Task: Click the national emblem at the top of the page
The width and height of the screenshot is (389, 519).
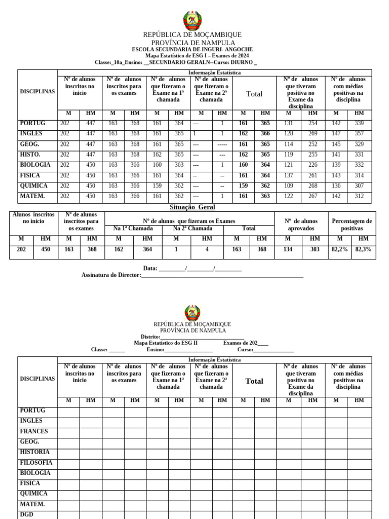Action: [192, 21]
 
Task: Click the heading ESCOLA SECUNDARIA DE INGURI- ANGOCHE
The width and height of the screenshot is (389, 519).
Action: [192, 49]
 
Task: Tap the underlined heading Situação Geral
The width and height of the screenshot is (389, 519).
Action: [192, 207]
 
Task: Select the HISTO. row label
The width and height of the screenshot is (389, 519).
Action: [30, 155]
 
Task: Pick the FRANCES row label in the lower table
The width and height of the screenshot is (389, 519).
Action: [34, 431]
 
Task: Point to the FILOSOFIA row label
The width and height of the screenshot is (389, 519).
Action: [36, 463]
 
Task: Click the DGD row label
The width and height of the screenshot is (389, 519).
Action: [26, 514]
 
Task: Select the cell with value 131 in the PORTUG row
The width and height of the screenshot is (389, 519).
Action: [288, 123]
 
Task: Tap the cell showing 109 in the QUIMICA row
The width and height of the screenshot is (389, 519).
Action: [288, 186]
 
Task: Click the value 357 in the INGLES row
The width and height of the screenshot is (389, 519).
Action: [359, 134]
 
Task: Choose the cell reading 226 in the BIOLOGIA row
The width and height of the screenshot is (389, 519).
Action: [313, 165]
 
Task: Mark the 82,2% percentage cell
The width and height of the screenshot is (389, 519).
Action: [339, 249]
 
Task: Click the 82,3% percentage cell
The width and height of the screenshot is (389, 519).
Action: [363, 249]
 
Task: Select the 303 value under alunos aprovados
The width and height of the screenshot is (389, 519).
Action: [315, 249]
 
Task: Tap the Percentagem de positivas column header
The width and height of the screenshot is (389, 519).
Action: [352, 225]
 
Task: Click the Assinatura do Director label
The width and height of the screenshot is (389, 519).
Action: [111, 275]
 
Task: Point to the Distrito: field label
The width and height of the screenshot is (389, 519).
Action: [150, 337]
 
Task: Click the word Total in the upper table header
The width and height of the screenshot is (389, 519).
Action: [254, 94]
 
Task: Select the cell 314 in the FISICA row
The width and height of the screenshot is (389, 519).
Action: [359, 175]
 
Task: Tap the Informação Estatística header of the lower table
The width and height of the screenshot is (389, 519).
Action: [214, 360]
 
